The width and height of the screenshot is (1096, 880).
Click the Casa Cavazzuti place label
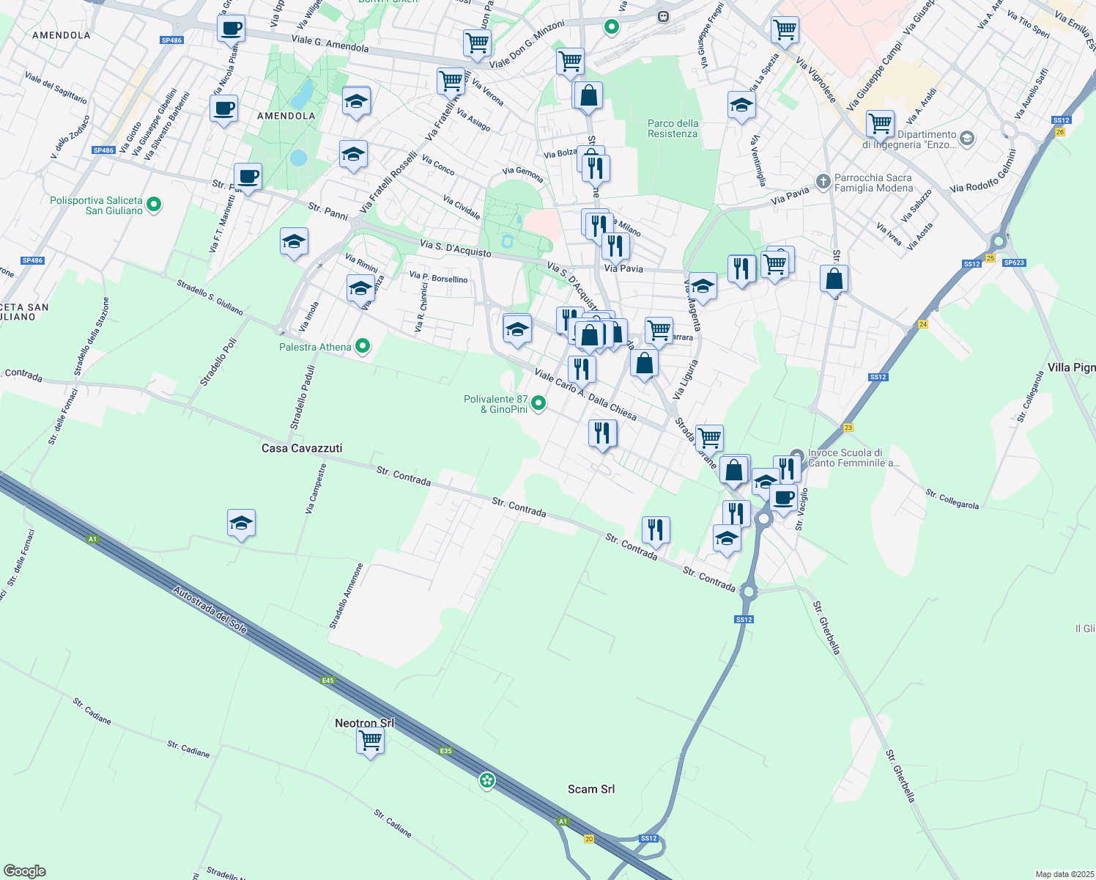[302, 448]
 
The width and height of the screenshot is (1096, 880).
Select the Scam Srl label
[591, 789]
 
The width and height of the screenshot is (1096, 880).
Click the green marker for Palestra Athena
[362, 346]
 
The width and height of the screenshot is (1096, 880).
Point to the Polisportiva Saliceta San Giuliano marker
[154, 205]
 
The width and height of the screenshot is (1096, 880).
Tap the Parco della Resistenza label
[673, 128]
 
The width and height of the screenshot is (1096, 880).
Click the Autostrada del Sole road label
[210, 610]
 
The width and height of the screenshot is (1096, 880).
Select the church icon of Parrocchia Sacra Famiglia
[823, 181]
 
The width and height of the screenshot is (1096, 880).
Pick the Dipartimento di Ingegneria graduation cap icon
[966, 139]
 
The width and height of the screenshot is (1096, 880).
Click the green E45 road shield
[328, 681]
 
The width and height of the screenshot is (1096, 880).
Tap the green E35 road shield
[445, 751]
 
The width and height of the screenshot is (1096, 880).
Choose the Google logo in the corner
[25, 871]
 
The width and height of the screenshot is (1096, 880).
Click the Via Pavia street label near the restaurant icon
[623, 268]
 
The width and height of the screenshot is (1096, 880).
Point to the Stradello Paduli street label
[302, 397]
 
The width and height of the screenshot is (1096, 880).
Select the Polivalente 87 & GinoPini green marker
[538, 403]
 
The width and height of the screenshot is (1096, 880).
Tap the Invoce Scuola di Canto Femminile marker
[797, 456]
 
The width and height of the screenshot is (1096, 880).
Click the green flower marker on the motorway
[487, 781]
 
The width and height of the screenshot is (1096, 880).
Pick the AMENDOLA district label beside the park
[286, 116]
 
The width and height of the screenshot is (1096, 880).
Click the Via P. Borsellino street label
[439, 277]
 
